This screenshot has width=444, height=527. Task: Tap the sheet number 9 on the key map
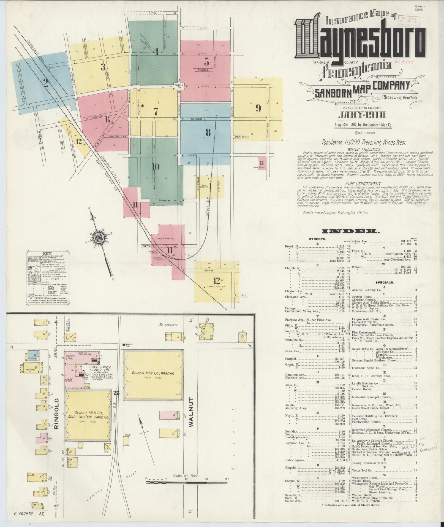point(258,109)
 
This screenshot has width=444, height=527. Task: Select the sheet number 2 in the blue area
point(46,83)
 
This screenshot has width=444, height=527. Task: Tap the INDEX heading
point(350,231)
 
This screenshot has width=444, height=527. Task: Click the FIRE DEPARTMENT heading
point(364,183)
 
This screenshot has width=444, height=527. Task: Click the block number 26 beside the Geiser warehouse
point(116,393)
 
